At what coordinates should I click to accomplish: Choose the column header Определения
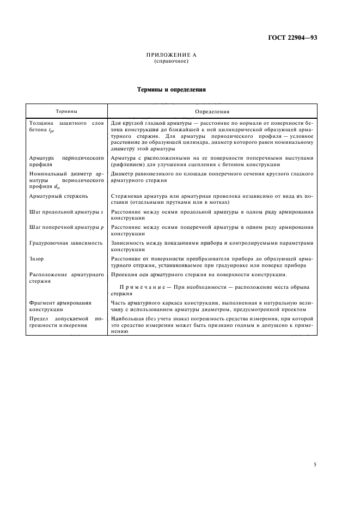[212, 111]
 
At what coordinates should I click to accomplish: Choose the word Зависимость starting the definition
[129, 242]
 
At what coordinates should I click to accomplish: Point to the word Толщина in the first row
[40, 123]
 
